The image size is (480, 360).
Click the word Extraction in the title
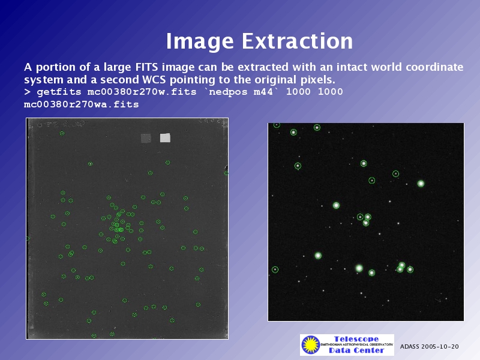click(297, 41)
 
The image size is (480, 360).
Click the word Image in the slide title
click(200, 41)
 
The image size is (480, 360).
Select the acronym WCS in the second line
click(154, 80)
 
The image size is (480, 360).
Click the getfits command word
click(58, 92)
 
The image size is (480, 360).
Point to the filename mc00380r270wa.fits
click(81, 104)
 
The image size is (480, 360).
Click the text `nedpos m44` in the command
click(241, 92)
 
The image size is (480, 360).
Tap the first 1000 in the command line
click(298, 92)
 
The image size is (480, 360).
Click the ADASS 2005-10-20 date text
click(429, 347)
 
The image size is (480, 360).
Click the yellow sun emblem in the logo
click(310, 344)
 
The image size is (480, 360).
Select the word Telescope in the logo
click(356, 339)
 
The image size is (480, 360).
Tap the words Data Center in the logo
click(356, 350)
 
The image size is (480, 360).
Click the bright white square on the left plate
click(166, 138)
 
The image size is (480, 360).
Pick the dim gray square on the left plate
click(146, 138)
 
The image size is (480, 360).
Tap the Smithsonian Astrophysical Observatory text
click(356, 344)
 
